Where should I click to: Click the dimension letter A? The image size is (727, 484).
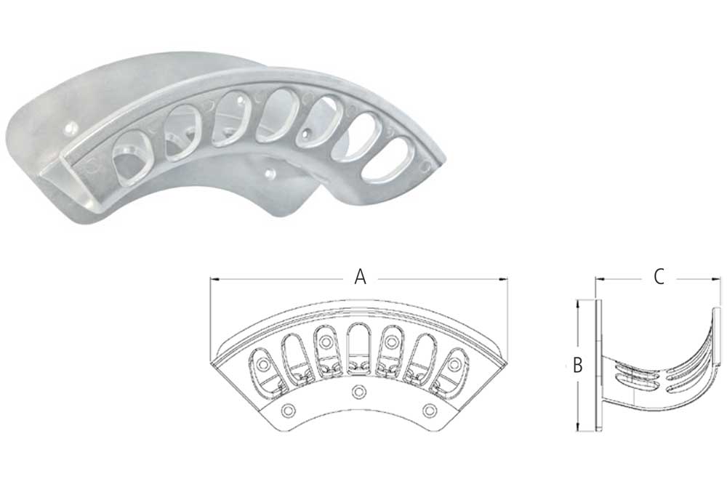pyautogui.click(x=359, y=277)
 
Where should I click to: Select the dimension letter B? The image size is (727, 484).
pyautogui.click(x=578, y=366)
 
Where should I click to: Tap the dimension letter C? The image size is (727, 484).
pyautogui.click(x=659, y=277)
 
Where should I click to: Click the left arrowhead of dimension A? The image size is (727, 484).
pyautogui.click(x=213, y=278)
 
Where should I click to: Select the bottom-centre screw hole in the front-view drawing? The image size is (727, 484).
pyautogui.click(x=357, y=392)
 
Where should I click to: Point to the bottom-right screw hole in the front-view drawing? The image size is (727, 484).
pyautogui.click(x=428, y=411)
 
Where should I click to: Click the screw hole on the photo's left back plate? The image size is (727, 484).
pyautogui.click(x=70, y=129)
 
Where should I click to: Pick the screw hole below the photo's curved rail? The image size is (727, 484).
pyautogui.click(x=270, y=174)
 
